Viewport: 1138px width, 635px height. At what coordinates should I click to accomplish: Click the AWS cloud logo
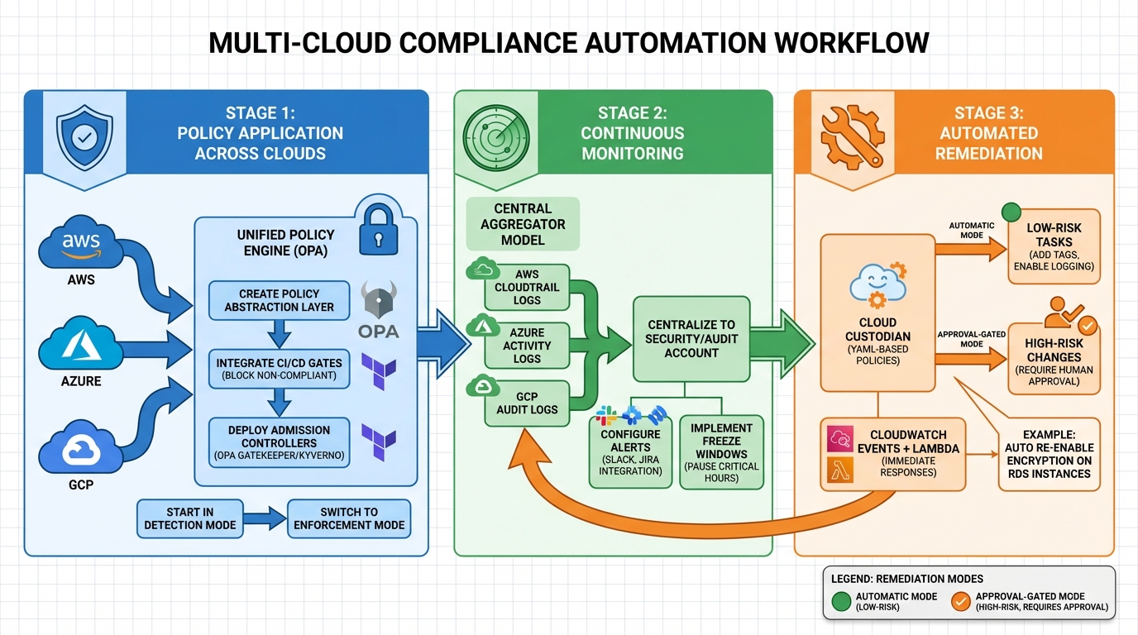coord(81,242)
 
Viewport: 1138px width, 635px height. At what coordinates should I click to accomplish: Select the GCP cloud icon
coord(81,448)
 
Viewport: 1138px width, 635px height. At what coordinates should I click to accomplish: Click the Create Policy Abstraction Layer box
coord(279,300)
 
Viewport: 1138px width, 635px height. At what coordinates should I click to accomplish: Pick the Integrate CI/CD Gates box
coord(279,368)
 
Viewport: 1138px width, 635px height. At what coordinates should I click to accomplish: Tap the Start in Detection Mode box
coord(190,518)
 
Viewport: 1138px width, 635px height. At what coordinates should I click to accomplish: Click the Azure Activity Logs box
coord(526,346)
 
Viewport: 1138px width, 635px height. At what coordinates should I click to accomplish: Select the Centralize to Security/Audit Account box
coord(691,338)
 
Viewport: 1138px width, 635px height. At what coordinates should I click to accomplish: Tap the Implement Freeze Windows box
coord(721,452)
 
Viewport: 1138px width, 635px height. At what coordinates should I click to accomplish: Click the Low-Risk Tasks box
coord(1053,246)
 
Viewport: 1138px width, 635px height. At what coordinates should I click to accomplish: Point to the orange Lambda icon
coord(840,470)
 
